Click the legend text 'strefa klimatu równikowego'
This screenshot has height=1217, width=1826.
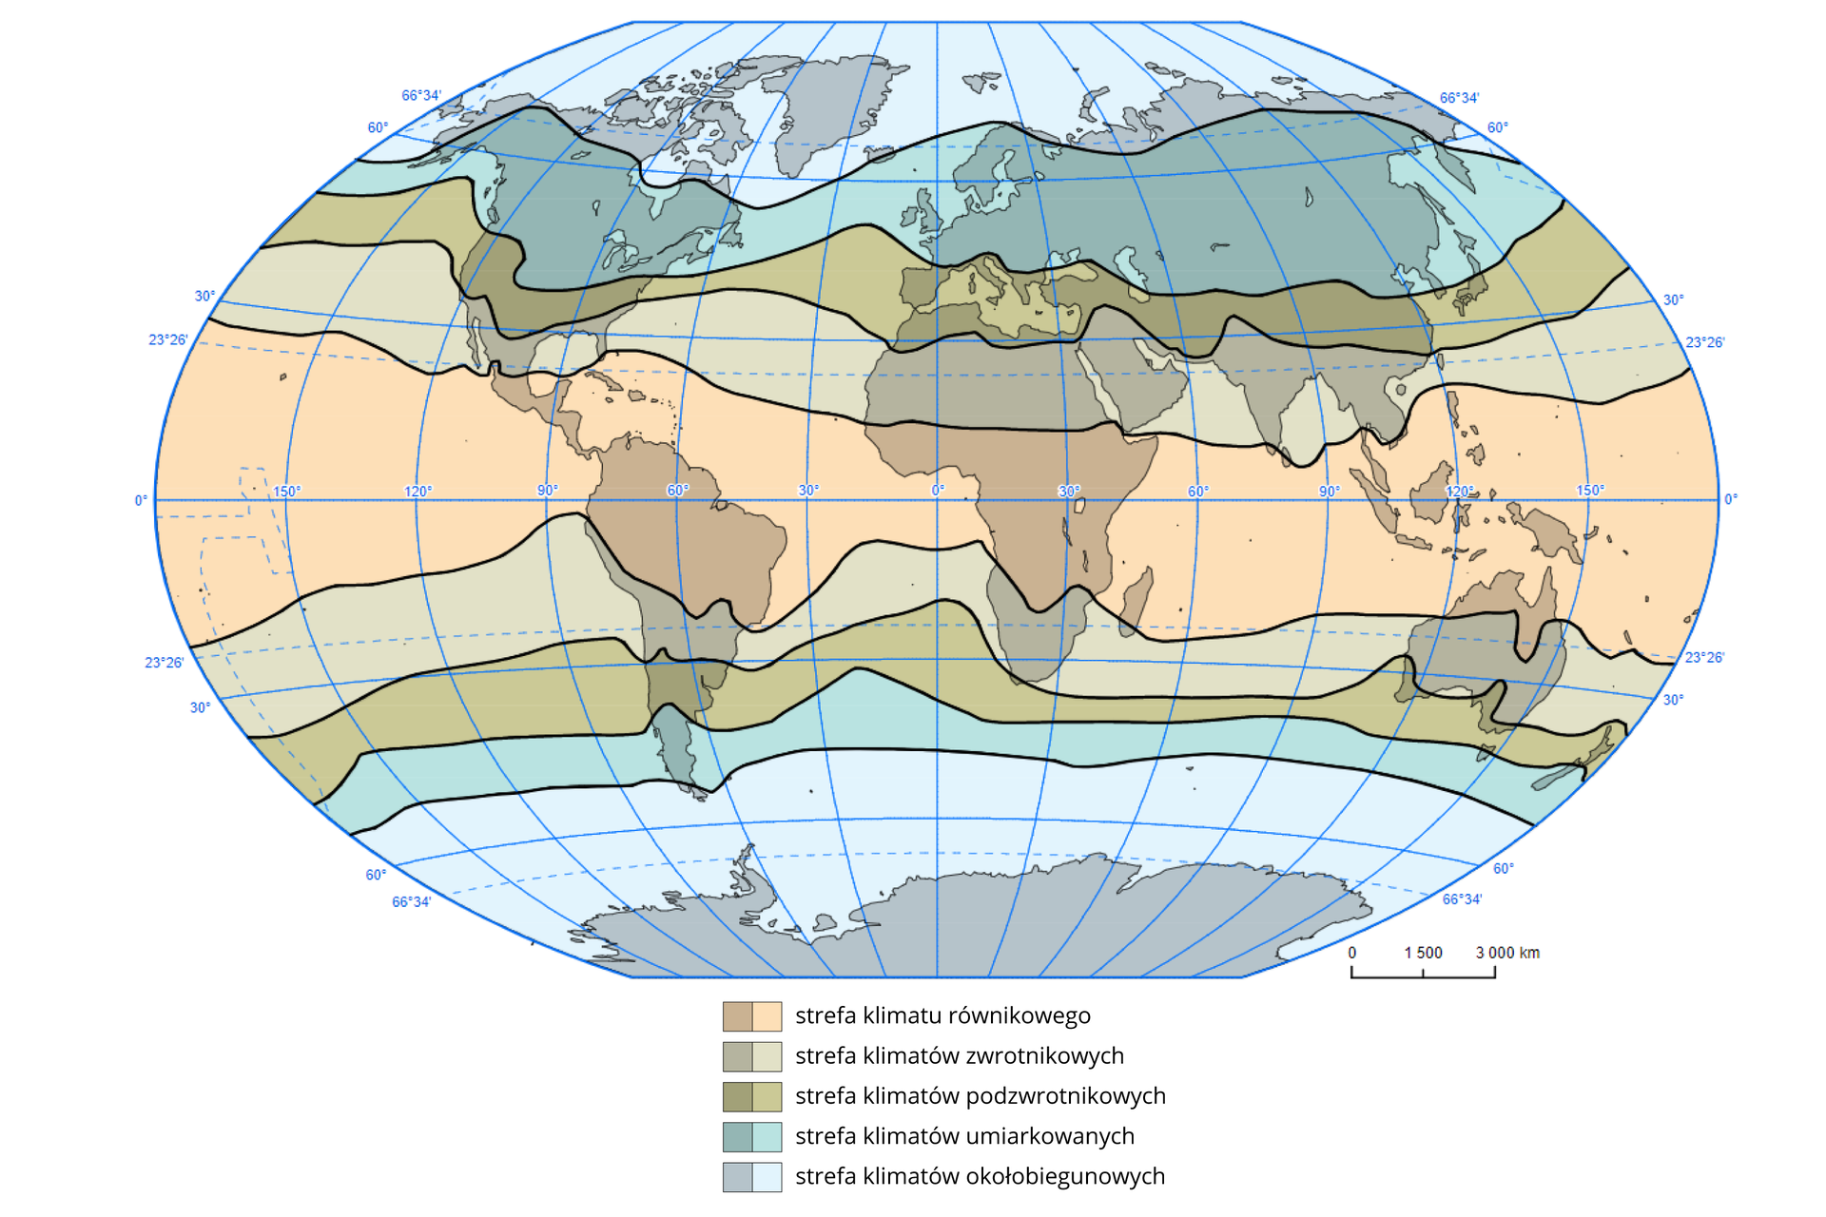(942, 1015)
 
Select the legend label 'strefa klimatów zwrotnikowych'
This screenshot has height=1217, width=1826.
(959, 1055)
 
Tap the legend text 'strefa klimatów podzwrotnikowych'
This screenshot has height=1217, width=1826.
(980, 1095)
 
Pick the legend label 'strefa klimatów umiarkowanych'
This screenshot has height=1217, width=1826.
(964, 1136)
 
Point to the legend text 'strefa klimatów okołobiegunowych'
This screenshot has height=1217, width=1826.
(980, 1176)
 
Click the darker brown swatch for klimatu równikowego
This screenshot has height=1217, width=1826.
(737, 1016)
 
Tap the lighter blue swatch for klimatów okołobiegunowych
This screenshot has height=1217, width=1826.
(767, 1177)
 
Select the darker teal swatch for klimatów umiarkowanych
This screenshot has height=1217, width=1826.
(737, 1137)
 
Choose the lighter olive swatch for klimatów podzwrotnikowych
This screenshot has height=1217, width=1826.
(767, 1096)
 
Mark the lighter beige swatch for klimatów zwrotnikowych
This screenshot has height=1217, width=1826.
(767, 1056)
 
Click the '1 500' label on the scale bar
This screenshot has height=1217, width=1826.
(1423, 953)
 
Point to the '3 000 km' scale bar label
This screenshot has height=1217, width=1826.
(1507, 953)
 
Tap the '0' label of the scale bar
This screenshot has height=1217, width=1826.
(1351, 953)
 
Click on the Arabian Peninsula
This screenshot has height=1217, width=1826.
(1141, 380)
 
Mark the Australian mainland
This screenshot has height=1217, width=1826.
(1484, 647)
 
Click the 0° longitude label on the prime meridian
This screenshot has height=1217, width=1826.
(938, 491)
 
